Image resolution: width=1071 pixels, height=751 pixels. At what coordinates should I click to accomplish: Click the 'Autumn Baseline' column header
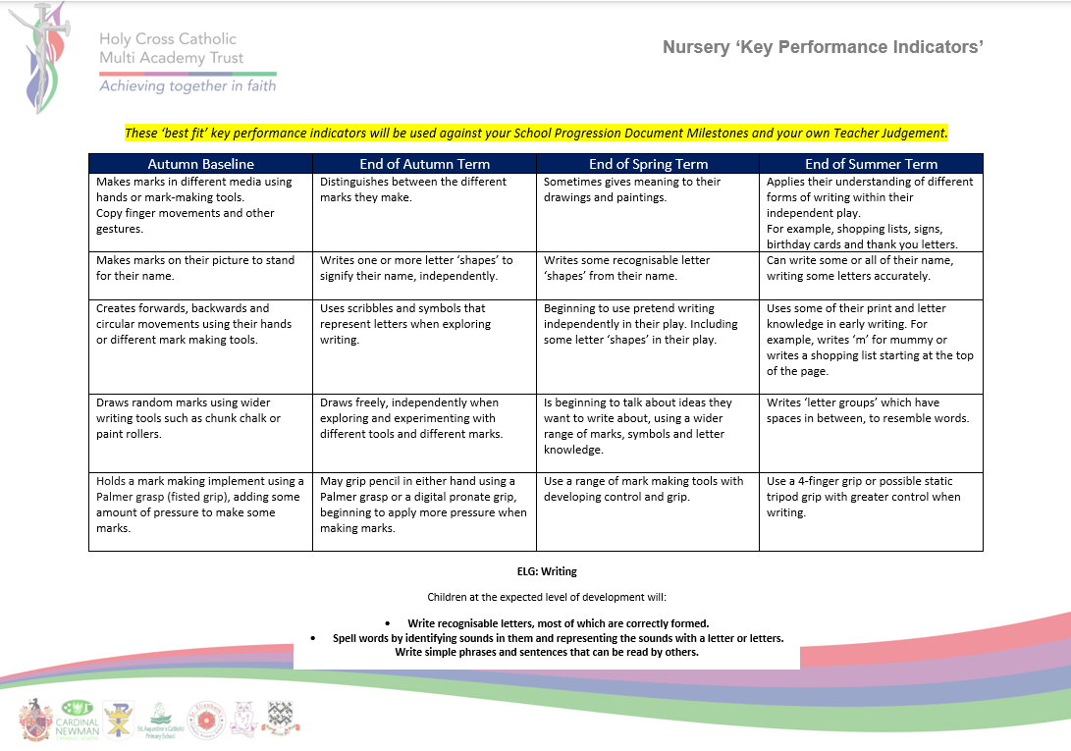click(x=200, y=164)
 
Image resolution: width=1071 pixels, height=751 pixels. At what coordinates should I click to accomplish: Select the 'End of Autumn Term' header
click(x=424, y=164)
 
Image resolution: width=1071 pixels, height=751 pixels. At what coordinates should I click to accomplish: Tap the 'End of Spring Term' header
click(x=648, y=164)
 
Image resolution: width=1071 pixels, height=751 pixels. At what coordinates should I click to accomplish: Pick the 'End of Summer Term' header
click(x=871, y=164)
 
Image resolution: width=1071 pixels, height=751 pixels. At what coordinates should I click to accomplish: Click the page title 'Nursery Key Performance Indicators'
click(x=823, y=47)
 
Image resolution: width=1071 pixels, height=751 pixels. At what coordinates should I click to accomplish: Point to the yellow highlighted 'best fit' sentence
click(x=536, y=133)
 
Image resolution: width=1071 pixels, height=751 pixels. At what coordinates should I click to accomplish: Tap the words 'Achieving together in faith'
click(x=187, y=86)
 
